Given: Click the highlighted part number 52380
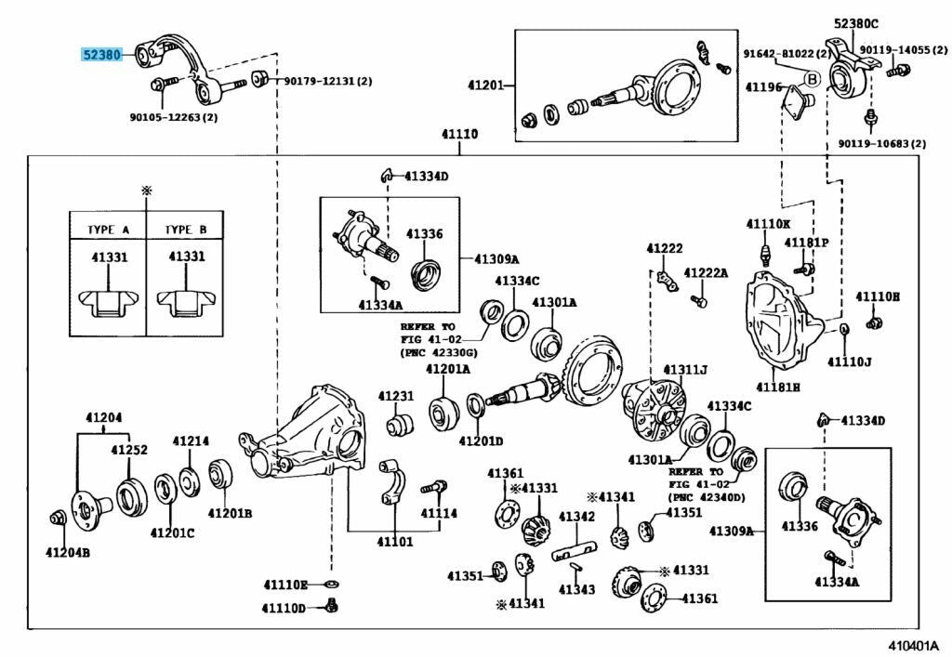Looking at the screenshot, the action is click(x=102, y=55).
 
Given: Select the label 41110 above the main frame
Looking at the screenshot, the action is click(x=459, y=134).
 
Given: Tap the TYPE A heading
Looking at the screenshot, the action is click(x=108, y=230).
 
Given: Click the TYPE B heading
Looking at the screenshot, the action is click(x=186, y=230).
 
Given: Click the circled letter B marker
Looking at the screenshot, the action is click(x=812, y=79).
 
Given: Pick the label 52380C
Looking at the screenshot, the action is click(x=855, y=23).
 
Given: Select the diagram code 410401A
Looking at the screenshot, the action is click(x=914, y=644).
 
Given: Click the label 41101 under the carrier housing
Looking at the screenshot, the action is click(x=394, y=541).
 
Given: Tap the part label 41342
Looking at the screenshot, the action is click(x=576, y=517).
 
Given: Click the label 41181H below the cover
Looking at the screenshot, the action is click(x=778, y=387).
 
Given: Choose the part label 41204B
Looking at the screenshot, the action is click(x=67, y=553).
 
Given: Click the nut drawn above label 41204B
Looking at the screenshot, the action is click(x=58, y=519).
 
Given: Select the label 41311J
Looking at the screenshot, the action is click(x=685, y=370).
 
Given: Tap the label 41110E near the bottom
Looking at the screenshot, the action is click(x=284, y=585).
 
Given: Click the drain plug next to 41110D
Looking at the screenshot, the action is click(x=332, y=605).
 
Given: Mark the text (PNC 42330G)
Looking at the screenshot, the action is click(x=439, y=352).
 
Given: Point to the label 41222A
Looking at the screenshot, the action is click(x=706, y=273).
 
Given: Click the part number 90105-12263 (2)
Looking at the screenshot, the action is click(x=174, y=117).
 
